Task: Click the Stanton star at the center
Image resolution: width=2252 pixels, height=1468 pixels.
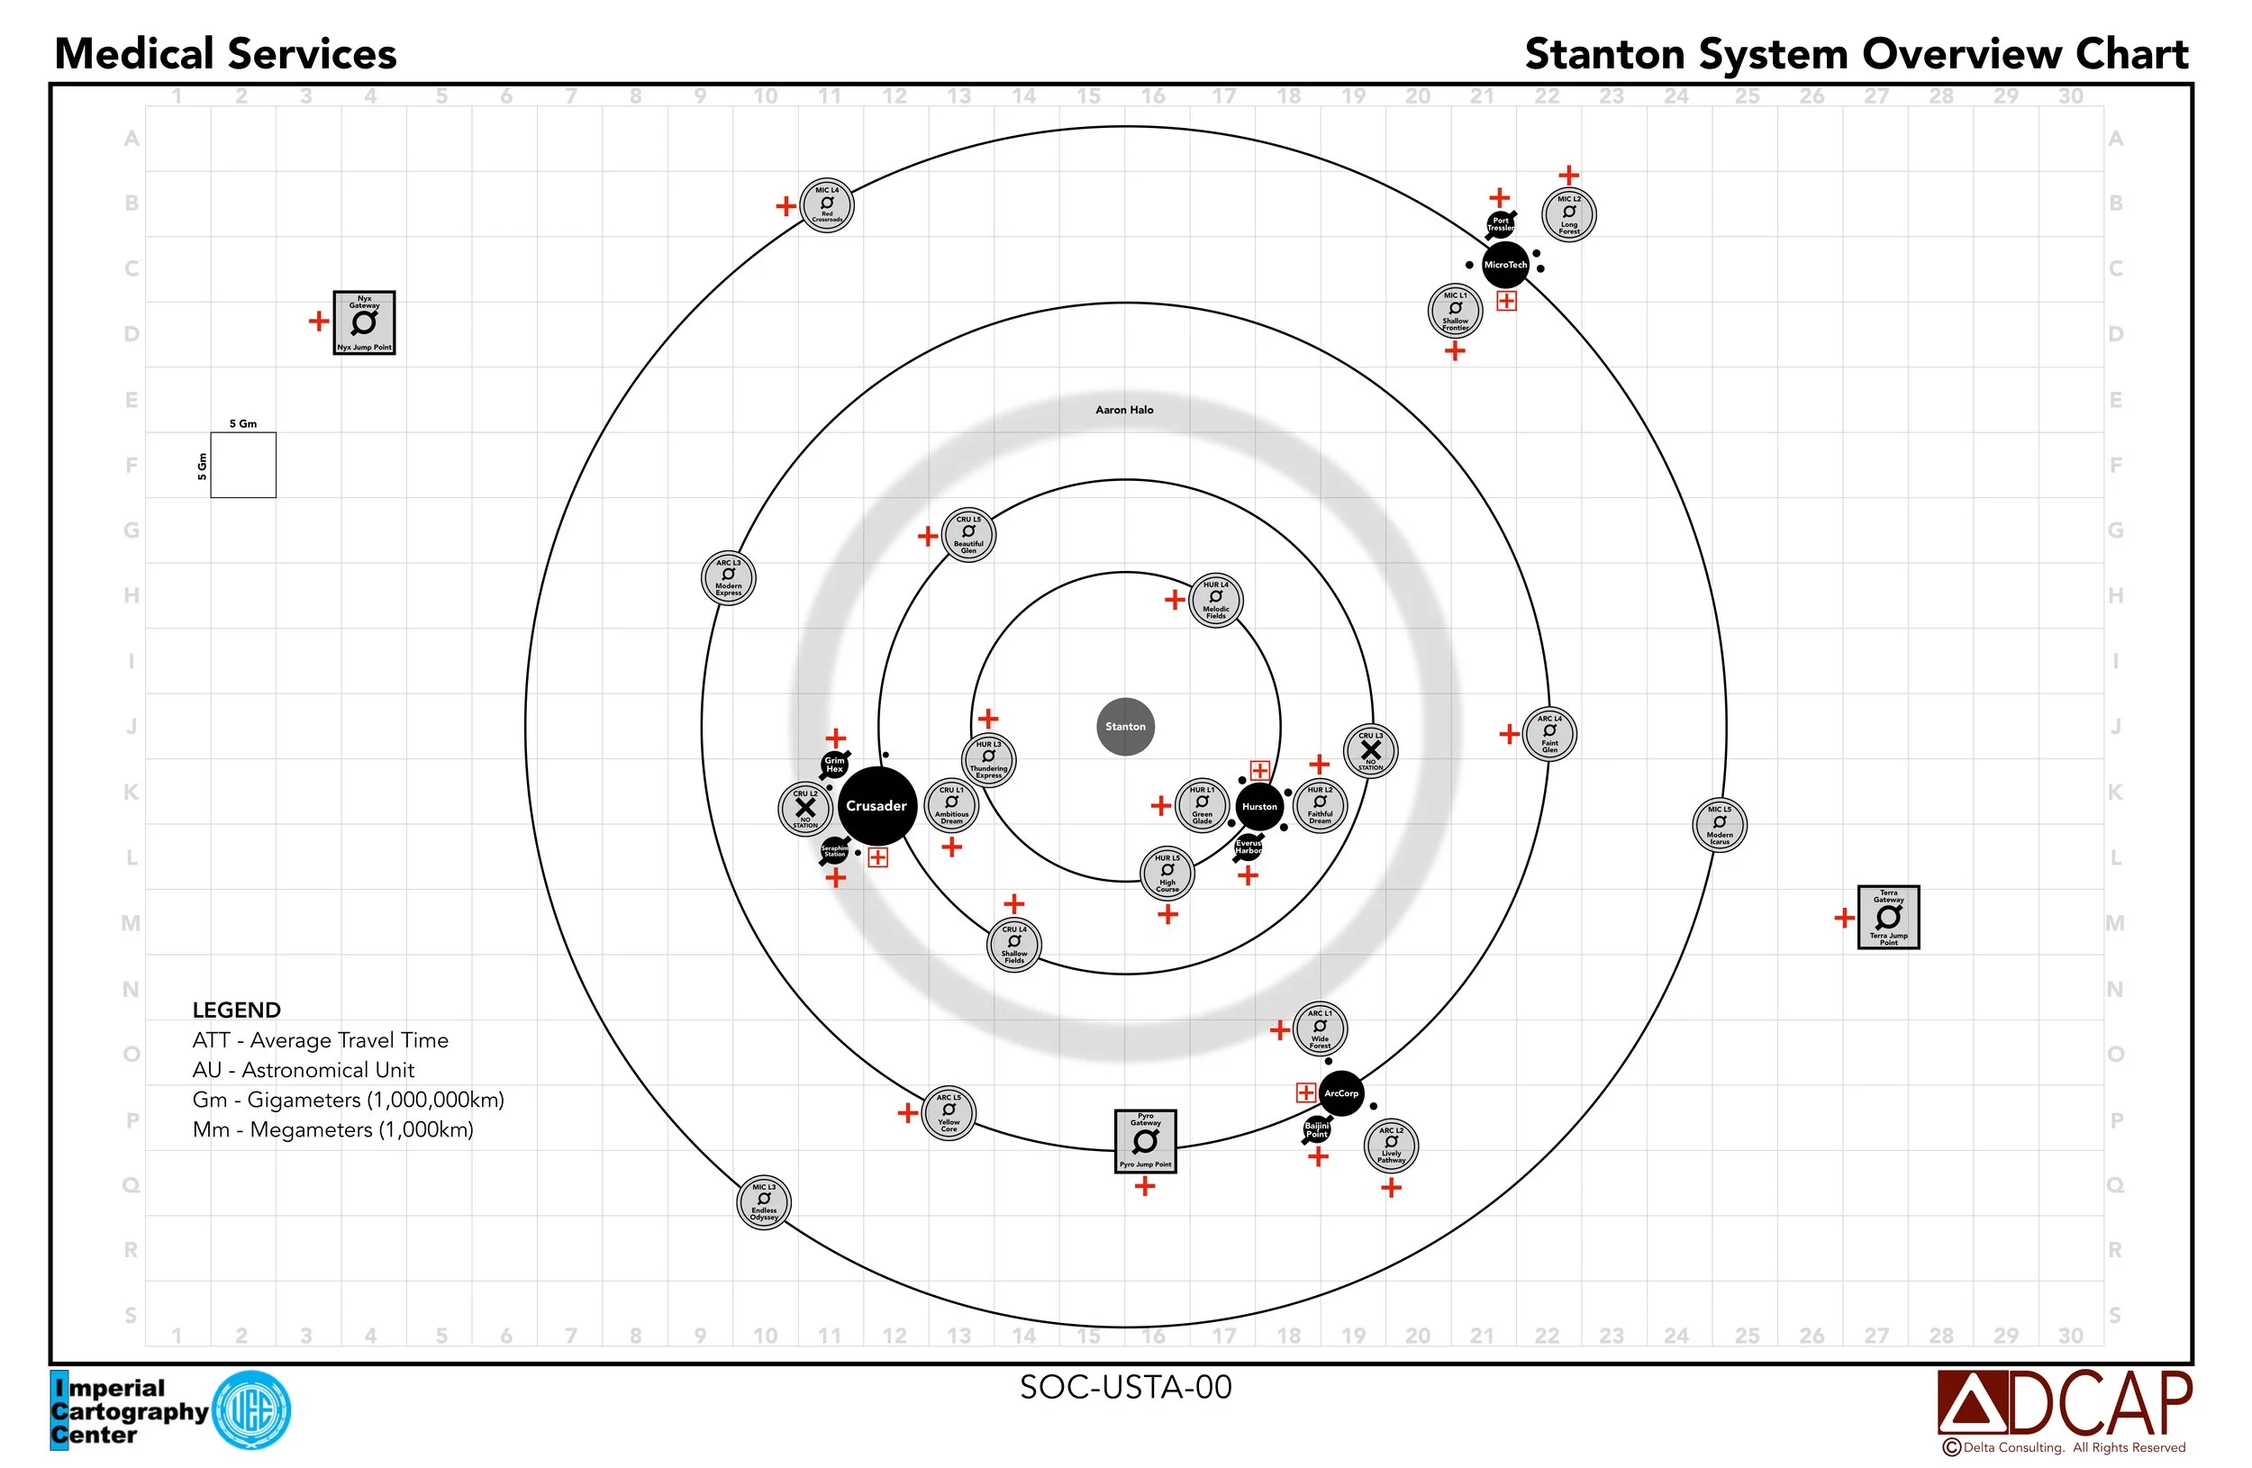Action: click(x=1125, y=727)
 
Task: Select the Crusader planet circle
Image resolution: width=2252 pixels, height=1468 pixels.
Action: click(x=876, y=806)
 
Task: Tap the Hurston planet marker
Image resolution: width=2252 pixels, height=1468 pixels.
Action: click(x=1259, y=807)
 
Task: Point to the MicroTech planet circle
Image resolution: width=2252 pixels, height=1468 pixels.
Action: click(x=1504, y=265)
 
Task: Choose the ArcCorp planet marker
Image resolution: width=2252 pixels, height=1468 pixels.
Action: click(x=1340, y=1093)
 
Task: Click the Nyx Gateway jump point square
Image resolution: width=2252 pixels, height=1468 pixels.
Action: click(x=364, y=322)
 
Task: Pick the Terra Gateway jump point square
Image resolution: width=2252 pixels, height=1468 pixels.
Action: click(x=1889, y=917)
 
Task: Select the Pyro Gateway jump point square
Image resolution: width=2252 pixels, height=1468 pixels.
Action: click(x=1145, y=1141)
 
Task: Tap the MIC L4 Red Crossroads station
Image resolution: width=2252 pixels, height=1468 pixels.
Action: click(x=827, y=204)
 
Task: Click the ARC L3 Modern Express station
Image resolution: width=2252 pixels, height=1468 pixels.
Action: click(x=729, y=578)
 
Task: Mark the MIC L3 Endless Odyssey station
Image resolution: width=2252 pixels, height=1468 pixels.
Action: click(x=764, y=1202)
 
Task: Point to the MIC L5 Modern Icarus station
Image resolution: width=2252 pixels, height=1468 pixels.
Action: click(x=1720, y=825)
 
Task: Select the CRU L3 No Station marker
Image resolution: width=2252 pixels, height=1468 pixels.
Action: click(x=1370, y=751)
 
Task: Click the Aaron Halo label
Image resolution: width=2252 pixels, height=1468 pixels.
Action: click(x=1124, y=410)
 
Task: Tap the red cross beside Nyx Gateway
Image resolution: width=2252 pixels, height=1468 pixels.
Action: click(x=319, y=322)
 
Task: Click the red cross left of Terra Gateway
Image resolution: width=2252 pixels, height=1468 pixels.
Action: click(x=1844, y=918)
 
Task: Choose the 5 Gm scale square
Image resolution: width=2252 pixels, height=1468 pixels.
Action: click(x=243, y=465)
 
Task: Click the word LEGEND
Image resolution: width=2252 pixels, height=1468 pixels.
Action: click(x=237, y=1010)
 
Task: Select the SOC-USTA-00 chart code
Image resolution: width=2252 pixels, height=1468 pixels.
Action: click(x=1125, y=1387)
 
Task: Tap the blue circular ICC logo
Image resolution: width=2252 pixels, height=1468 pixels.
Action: click(x=251, y=1409)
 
